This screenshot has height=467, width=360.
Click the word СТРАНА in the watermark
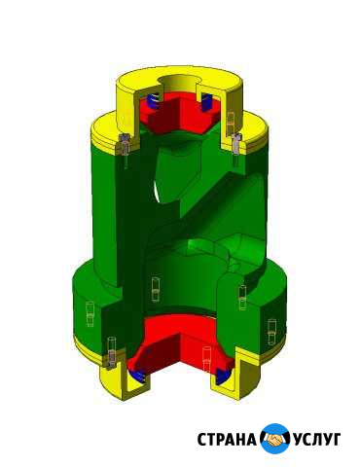pyautogui.click(x=227, y=440)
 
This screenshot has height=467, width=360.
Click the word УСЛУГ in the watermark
pyautogui.click(x=317, y=440)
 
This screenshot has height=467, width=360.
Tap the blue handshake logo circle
pyautogui.click(x=275, y=439)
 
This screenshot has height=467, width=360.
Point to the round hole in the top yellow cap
pyautogui.click(x=177, y=81)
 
